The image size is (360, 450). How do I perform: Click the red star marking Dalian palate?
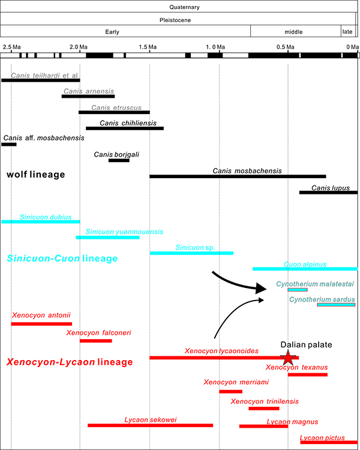(288, 358)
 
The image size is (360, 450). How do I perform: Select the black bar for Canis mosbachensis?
(238, 176)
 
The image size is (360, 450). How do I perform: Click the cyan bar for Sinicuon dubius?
(40, 221)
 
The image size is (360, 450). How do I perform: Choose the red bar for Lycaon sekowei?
(150, 425)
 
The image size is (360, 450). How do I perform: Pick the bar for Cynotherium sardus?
(336, 305)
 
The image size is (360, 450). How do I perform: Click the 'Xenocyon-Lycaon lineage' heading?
(68, 362)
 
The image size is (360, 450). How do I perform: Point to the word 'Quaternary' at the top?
(180, 7)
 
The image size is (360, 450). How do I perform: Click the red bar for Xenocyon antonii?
(41, 324)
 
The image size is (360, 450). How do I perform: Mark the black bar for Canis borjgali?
(119, 160)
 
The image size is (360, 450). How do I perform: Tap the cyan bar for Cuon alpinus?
(305, 269)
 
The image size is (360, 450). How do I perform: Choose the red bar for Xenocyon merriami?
(230, 391)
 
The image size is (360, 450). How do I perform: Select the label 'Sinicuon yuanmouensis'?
(124, 232)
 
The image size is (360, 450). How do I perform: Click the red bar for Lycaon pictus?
(329, 442)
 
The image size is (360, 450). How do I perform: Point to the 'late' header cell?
(347, 32)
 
